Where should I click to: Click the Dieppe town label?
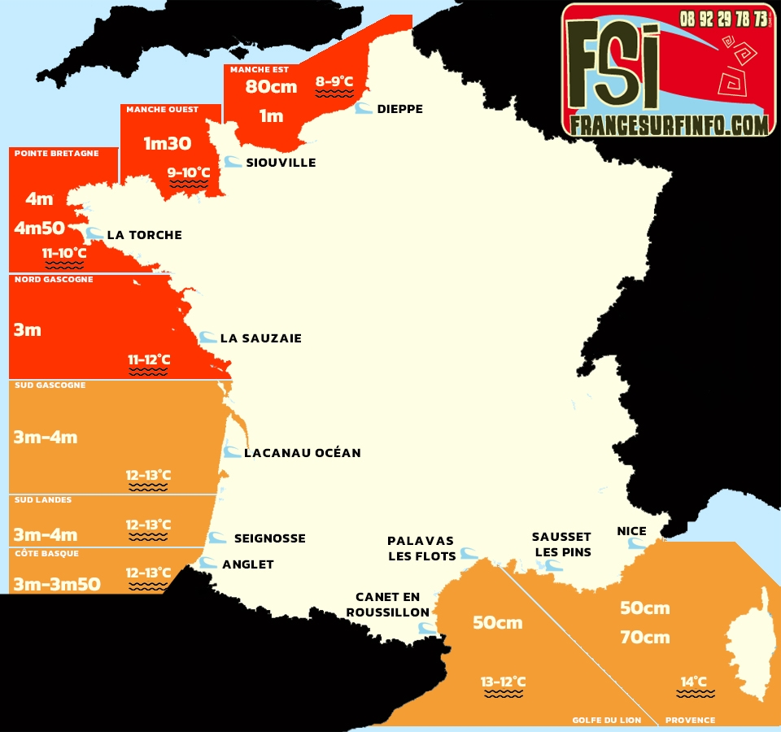point(399,109)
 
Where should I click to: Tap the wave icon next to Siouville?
point(233,162)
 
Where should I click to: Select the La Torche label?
point(144,235)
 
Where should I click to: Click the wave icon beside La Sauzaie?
point(207,338)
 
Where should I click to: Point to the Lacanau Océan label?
point(302,452)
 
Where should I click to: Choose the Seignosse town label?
point(269,538)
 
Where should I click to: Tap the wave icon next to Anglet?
point(209,563)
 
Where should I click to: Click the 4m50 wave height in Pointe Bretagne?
point(39,229)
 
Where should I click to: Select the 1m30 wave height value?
point(168,144)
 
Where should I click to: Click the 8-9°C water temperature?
point(334,81)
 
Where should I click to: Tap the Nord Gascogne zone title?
point(54,280)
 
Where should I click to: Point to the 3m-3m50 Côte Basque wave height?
point(57,583)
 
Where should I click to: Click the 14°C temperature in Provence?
point(694,682)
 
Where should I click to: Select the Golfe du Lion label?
point(606,720)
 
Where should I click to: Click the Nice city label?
point(631,531)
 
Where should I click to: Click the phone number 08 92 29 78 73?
point(724,18)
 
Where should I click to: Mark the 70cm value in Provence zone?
point(644,638)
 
